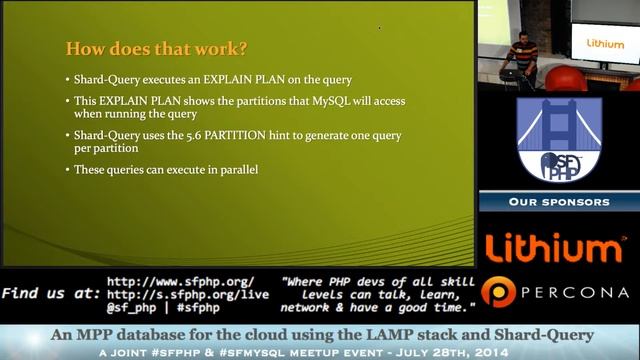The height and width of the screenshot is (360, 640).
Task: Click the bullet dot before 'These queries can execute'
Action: pyautogui.click(x=68, y=170)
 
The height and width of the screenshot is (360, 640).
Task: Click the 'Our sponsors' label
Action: pyautogui.click(x=558, y=202)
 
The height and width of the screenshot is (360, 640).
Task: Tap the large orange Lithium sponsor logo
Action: pyautogui.click(x=554, y=247)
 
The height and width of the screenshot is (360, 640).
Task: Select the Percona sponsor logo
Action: pyautogui.click(x=556, y=292)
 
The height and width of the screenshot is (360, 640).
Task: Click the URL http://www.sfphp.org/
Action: pyautogui.click(x=180, y=281)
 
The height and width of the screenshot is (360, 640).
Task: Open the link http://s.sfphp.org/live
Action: pyautogui.click(x=187, y=294)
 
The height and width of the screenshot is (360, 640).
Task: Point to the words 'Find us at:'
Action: pyautogui.click(x=51, y=294)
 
